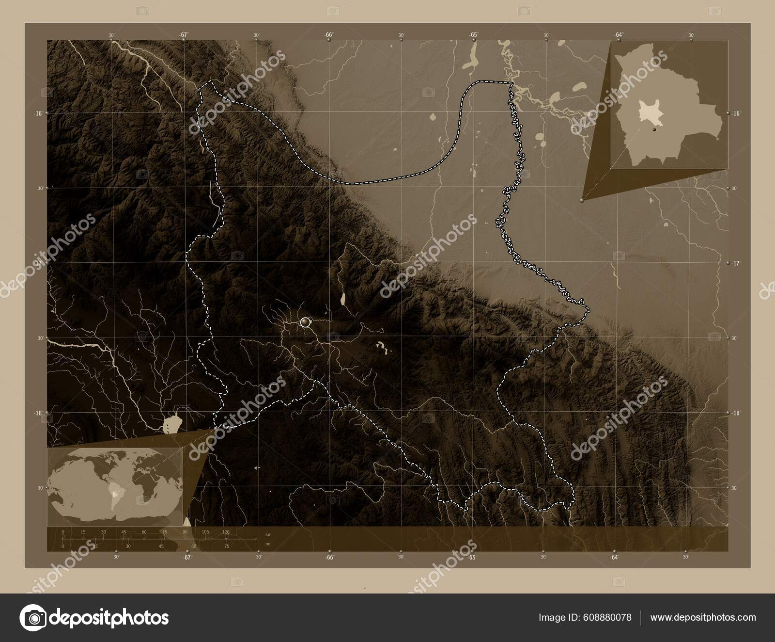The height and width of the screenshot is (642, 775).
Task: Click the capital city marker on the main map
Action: click(305, 321)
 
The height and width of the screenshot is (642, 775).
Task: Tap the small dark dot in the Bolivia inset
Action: click(653, 130)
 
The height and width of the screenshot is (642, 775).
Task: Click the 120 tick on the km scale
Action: click(226, 532)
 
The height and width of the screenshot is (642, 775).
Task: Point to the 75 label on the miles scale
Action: click(226, 546)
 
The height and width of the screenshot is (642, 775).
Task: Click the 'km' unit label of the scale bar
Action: click(268, 534)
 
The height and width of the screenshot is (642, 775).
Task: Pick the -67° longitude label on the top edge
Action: click(183, 34)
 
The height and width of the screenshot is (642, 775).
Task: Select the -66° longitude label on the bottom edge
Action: click(329, 557)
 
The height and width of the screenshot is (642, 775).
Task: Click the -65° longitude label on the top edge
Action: click(473, 34)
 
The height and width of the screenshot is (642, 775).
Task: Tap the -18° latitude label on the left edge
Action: click(38, 413)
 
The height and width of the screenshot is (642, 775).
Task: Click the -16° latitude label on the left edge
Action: click(38, 113)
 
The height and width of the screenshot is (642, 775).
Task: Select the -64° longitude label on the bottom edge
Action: click(614, 557)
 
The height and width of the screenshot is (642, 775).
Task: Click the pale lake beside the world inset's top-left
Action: click(170, 425)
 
